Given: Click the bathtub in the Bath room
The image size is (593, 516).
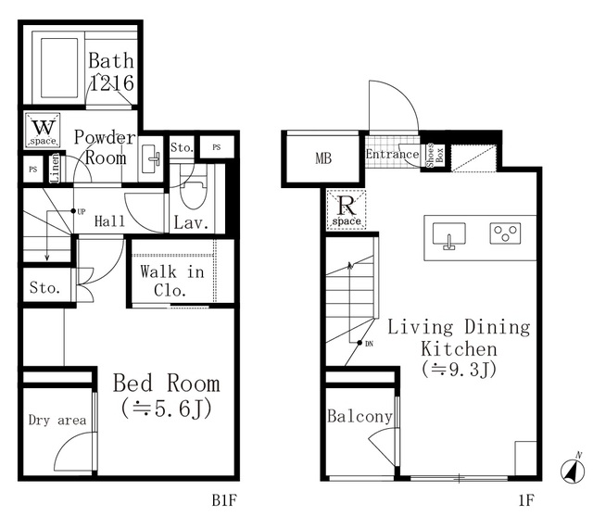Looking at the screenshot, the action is click(x=58, y=68).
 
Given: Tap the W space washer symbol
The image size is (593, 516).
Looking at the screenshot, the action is click(x=43, y=130).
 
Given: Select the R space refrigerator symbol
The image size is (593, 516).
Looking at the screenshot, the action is click(x=346, y=209).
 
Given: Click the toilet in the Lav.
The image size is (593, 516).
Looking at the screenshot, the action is click(x=194, y=190).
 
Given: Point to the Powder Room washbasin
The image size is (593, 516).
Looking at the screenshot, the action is click(x=151, y=158).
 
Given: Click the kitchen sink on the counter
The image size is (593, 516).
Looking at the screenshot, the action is click(x=448, y=235).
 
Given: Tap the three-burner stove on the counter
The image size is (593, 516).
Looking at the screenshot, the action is click(x=505, y=233).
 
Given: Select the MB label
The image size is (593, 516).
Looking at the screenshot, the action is click(x=323, y=158).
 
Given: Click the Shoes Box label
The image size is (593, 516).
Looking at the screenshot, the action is click(x=435, y=155).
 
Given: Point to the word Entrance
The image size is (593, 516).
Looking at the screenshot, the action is click(x=392, y=154).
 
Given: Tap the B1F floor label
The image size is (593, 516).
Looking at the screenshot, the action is click(x=224, y=500).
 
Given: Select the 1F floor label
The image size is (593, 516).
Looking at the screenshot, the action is click(x=526, y=500).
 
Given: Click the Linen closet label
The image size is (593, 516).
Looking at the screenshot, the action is click(x=56, y=168).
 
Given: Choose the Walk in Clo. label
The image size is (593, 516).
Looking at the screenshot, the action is click(x=172, y=281).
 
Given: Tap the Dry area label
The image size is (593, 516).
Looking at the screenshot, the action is click(x=57, y=421).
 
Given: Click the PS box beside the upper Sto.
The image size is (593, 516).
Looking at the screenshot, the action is click(x=217, y=147).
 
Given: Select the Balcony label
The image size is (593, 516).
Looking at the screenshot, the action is click(x=360, y=417).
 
